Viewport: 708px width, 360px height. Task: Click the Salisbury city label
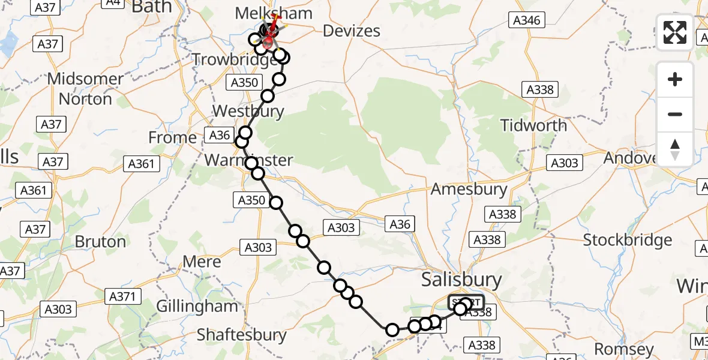[x=461, y=280]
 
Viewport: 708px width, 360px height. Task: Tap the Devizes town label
[x=352, y=31]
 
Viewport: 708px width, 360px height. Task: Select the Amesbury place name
[x=469, y=189]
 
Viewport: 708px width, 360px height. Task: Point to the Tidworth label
[x=534, y=125]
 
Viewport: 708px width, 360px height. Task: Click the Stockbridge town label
[x=628, y=241]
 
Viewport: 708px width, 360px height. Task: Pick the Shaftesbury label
[x=241, y=334]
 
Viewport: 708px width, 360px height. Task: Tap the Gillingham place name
[x=197, y=306]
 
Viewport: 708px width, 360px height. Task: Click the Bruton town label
[x=101, y=242]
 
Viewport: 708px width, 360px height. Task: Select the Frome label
[x=172, y=137]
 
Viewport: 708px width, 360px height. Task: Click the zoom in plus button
[x=675, y=79]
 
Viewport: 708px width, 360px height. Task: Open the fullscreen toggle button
[x=675, y=32]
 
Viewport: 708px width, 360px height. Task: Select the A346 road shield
[x=527, y=20]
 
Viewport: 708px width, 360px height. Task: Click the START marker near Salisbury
[x=466, y=302]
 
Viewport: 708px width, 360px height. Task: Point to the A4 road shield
[x=112, y=2]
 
